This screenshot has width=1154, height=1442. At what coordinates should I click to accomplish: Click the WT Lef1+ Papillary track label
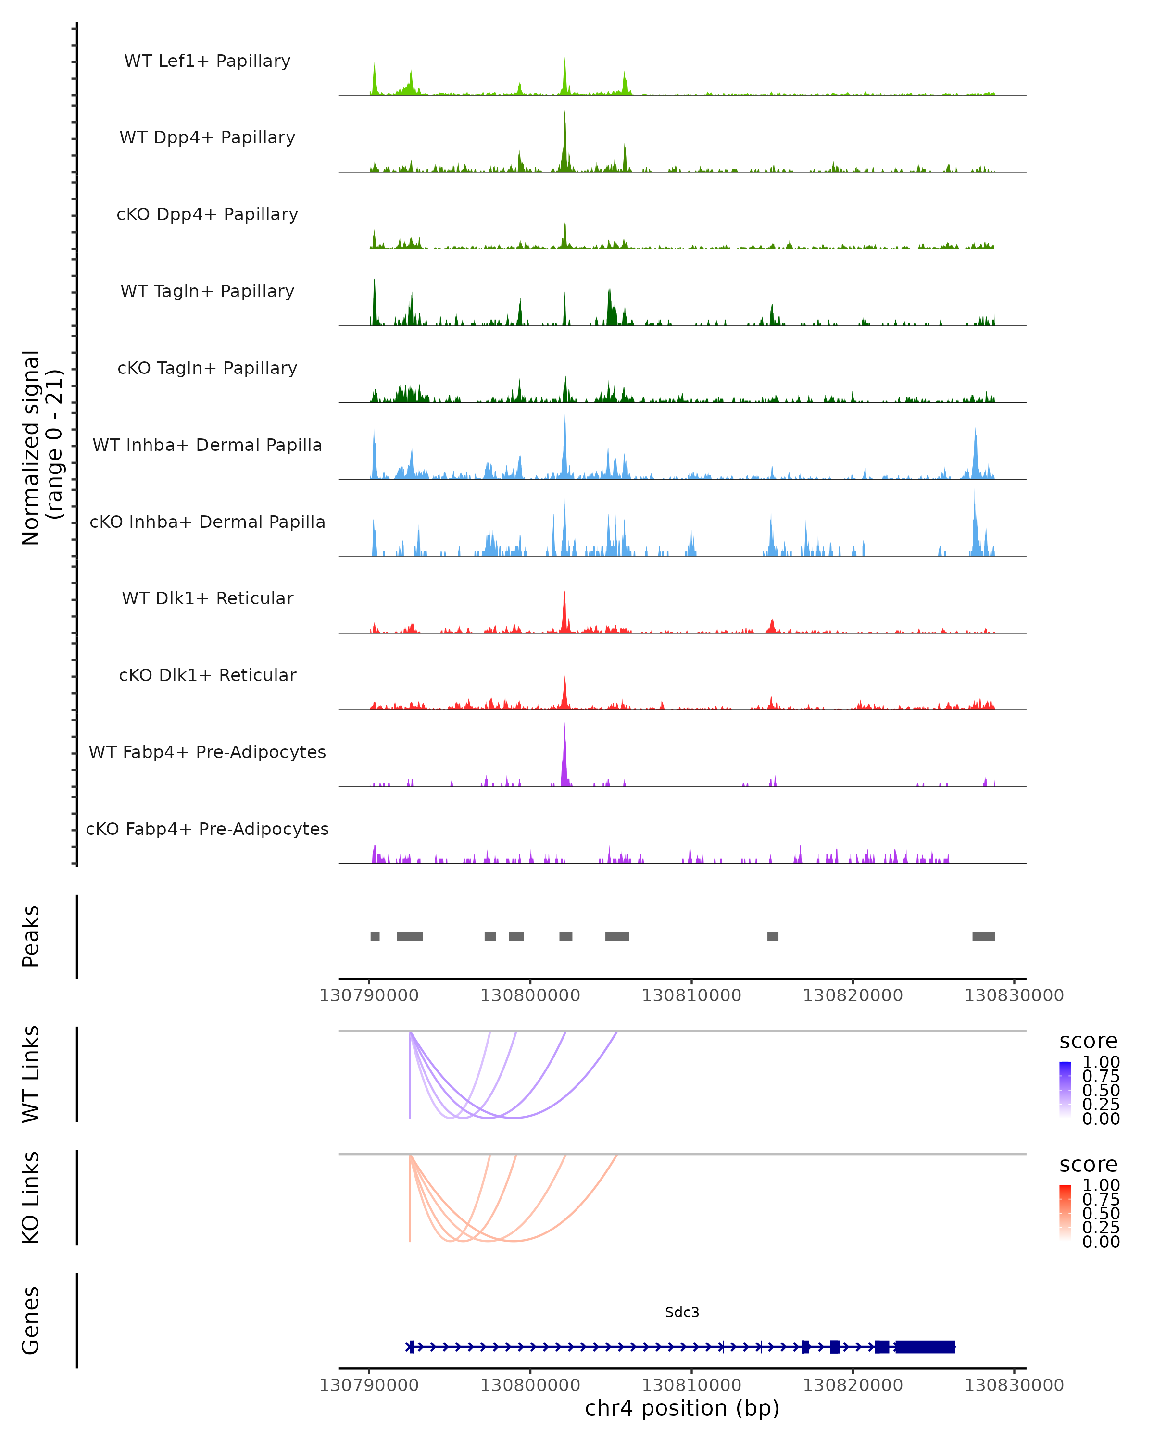click(x=207, y=61)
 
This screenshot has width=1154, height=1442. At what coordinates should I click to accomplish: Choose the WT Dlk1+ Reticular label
click(x=207, y=598)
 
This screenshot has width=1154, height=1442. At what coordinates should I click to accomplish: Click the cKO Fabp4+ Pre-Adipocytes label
click(x=207, y=829)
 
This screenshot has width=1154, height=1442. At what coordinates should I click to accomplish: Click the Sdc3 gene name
click(x=682, y=1312)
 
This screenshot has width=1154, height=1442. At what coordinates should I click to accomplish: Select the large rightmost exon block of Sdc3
click(x=925, y=1347)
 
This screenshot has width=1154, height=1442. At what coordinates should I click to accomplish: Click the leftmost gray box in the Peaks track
click(x=376, y=936)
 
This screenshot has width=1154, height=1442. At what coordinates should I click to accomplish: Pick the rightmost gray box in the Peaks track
click(x=983, y=936)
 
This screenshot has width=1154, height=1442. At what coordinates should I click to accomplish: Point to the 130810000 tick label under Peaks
click(x=692, y=995)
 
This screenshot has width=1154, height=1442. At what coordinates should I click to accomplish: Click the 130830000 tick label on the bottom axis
click(x=1014, y=1385)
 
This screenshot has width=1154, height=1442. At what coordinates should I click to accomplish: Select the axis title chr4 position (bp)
click(x=682, y=1408)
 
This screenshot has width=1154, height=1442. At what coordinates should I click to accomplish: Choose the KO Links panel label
click(x=31, y=1197)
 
